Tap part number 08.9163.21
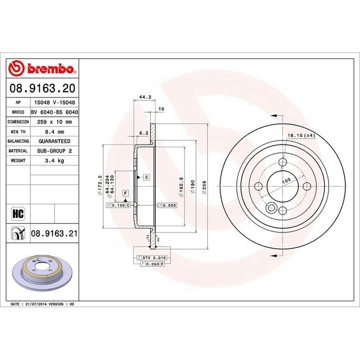(x=55, y=233)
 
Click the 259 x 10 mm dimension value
(x=55, y=121)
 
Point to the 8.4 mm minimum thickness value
(x=55, y=131)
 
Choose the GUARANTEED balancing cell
(x=55, y=141)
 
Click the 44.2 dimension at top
(x=145, y=96)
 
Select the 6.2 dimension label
(x=145, y=132)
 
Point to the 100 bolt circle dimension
(x=286, y=179)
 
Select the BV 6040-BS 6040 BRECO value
(x=55, y=112)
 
